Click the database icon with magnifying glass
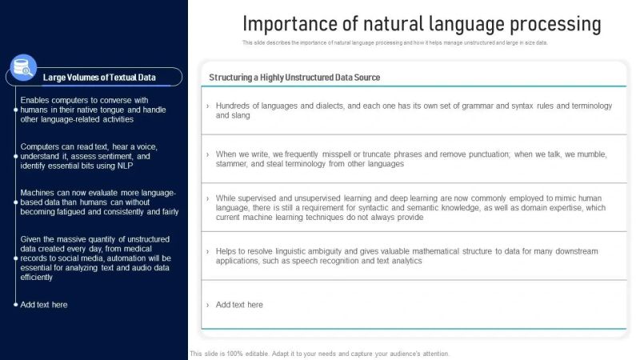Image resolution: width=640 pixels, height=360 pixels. (24, 68)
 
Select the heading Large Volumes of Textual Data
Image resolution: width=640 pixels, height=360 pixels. (99, 78)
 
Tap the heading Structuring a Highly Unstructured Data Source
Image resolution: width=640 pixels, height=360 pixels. (294, 78)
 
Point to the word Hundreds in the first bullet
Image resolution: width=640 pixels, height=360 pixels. (234, 106)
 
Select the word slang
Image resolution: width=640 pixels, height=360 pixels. (241, 115)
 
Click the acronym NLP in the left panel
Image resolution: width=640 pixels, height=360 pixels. (124, 166)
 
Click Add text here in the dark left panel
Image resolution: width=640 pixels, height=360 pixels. (44, 304)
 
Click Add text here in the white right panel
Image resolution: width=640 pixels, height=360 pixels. (239, 304)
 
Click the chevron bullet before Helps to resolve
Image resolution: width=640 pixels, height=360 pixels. (208, 251)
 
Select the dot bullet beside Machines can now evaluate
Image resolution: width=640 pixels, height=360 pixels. (14, 193)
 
